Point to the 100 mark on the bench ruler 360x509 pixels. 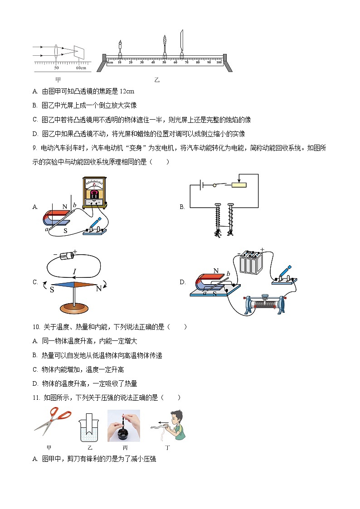(x=219, y=62)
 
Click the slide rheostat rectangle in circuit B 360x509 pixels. (x=239, y=185)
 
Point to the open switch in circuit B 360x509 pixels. (x=218, y=185)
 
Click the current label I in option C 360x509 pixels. (x=74, y=271)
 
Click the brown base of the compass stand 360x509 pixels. (x=75, y=309)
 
